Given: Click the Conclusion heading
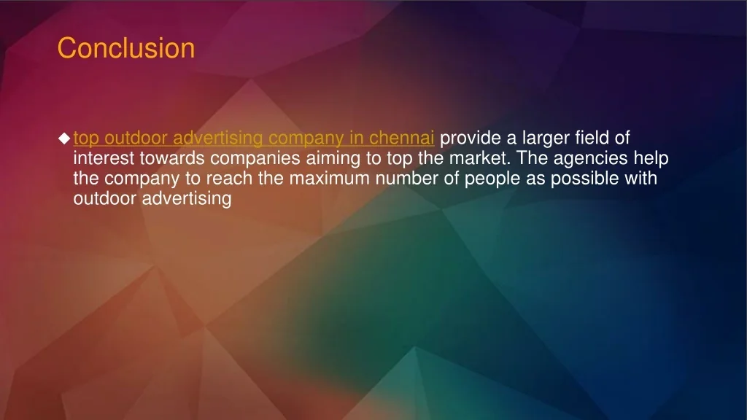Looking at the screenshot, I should [x=126, y=49].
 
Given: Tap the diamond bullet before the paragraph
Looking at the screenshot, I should [x=64, y=138].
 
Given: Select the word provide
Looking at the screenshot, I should [x=468, y=137].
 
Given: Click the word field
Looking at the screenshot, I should [x=594, y=137].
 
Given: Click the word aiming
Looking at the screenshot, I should [x=322, y=157].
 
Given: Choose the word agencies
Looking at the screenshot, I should [x=589, y=157].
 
